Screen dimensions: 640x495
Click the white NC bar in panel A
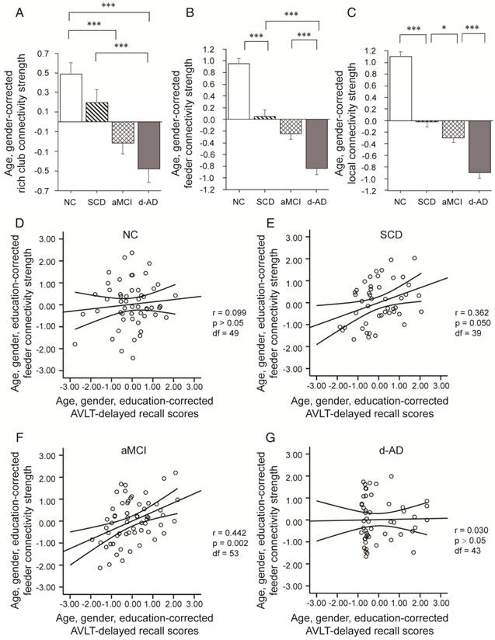click(71, 98)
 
